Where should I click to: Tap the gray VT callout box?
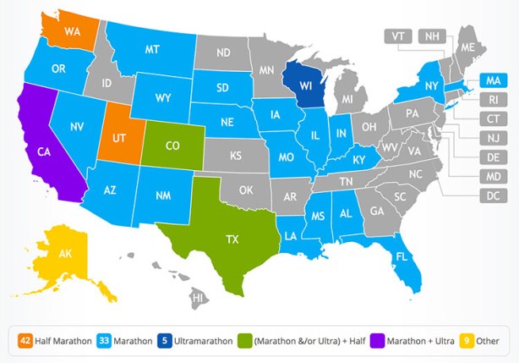click(x=398, y=36)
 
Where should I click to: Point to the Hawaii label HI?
click(x=198, y=298)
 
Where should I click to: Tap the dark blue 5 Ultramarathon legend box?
click(x=167, y=341)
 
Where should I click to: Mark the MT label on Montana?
click(x=152, y=50)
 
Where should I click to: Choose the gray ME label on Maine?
click(x=467, y=48)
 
